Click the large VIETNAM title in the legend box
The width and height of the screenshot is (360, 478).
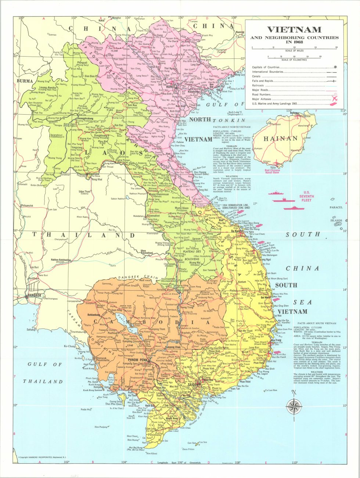tap(294, 29)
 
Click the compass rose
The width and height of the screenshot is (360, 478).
tap(294, 406)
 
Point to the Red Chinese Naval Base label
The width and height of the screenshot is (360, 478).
tap(272, 171)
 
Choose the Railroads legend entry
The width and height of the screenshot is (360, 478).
tap(258, 86)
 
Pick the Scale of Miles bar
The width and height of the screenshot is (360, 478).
tap(294, 48)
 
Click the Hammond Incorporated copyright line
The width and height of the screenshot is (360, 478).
tap(44, 457)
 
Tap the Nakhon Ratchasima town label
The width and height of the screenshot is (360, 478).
tap(61, 260)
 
